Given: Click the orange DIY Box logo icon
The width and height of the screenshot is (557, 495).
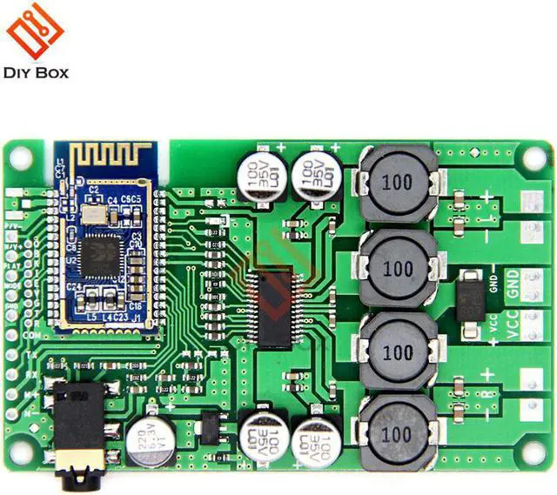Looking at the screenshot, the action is pos(36,31).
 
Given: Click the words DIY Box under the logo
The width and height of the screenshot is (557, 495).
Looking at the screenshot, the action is pos(36,73).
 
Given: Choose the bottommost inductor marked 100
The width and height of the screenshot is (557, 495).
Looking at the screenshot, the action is pos(398,432).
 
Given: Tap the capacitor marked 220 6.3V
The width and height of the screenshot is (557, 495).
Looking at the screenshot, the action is pos(148,440).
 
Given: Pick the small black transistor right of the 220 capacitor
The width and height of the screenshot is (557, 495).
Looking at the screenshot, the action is pos(210,426).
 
